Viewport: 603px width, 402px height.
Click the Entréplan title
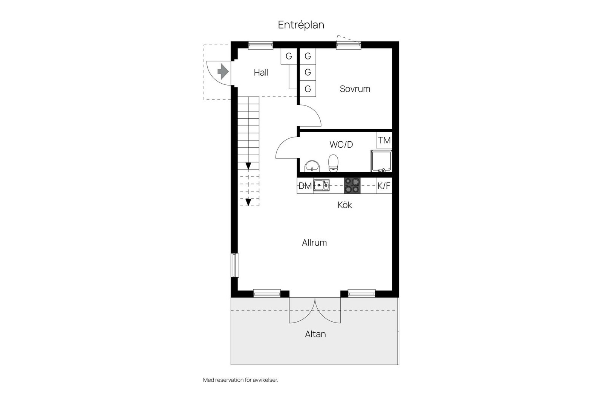[x=301, y=25]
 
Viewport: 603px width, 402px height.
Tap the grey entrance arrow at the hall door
[x=223, y=71]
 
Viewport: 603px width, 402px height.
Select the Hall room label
[x=261, y=73]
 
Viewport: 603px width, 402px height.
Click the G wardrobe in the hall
[x=289, y=57]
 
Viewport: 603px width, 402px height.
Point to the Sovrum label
[x=355, y=89]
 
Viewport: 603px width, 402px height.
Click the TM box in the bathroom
[x=384, y=141]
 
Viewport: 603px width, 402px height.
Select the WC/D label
[x=341, y=145]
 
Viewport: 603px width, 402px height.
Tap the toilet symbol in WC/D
[x=333, y=163]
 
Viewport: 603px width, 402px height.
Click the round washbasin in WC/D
[x=312, y=165]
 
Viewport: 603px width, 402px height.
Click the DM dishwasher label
[x=305, y=186]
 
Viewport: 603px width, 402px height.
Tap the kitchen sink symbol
[x=321, y=185]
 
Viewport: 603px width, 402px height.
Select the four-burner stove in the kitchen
[x=352, y=185]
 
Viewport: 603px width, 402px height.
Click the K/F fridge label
[x=384, y=186]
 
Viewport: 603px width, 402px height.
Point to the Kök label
[x=344, y=205]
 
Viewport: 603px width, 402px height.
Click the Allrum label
[x=314, y=243]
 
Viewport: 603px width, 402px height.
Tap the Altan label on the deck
[x=315, y=334]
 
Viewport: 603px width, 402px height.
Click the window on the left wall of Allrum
[x=234, y=265]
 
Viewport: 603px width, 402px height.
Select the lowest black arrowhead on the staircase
[x=248, y=202]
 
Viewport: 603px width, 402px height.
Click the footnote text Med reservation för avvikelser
[x=240, y=380]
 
